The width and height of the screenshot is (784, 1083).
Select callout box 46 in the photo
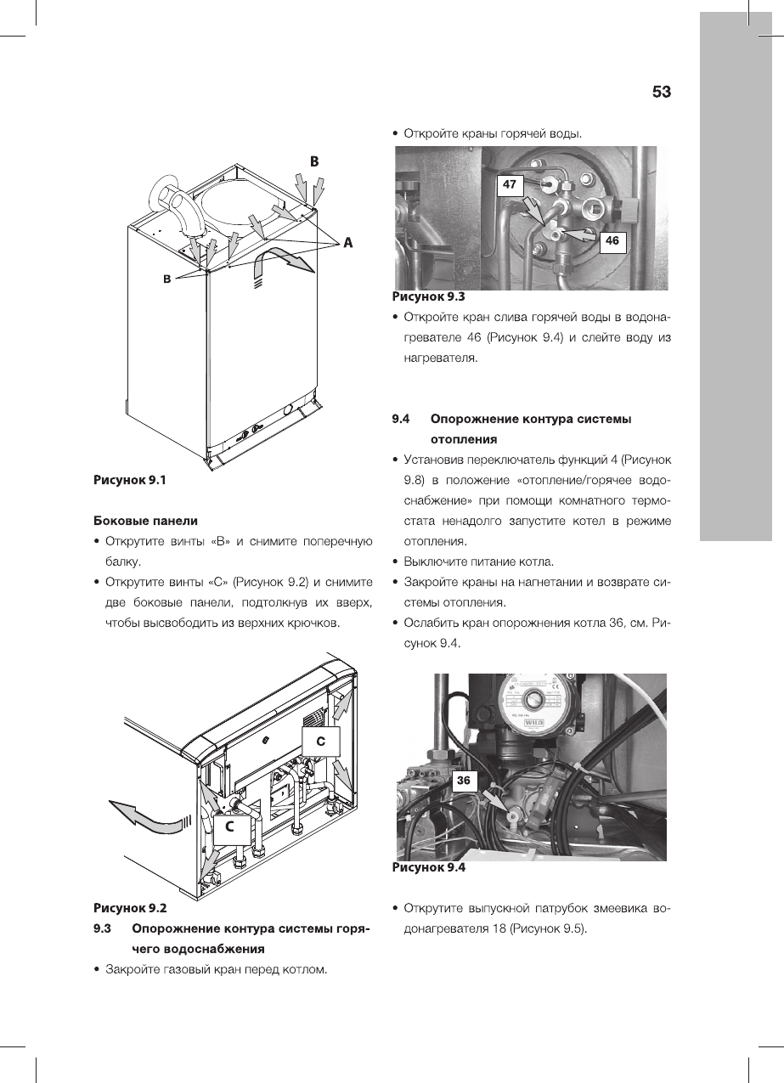tap(612, 242)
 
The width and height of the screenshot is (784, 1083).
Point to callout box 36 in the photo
tap(464, 780)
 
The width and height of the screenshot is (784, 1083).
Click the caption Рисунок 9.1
tap(130, 480)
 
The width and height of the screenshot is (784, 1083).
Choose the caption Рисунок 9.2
tap(130, 906)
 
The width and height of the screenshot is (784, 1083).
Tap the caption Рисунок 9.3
tap(429, 297)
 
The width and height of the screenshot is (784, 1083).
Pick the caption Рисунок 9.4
tap(429, 868)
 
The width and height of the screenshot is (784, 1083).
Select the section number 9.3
tap(103, 928)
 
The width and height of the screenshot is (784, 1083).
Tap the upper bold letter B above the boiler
tap(313, 160)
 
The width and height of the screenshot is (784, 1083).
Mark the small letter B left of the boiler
tap(168, 279)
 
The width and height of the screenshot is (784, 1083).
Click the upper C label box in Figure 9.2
tap(321, 741)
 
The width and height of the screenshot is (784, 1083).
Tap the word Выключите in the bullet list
tap(437, 562)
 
